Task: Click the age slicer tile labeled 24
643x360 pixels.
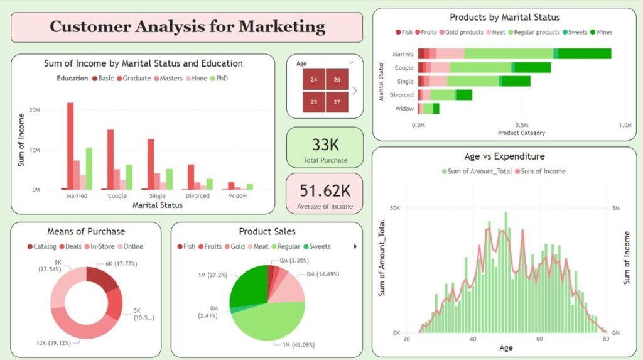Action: (314, 79)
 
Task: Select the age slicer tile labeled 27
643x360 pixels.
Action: (337, 102)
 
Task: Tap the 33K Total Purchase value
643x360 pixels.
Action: (326, 145)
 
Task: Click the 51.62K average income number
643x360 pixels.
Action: (325, 191)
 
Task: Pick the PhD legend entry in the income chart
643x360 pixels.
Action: (219, 79)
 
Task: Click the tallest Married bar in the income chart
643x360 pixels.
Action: (70, 146)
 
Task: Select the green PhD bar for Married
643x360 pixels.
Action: (89, 169)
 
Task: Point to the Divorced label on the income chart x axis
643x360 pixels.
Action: (198, 196)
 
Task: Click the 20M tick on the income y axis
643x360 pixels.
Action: (35, 110)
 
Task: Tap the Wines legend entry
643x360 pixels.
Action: (601, 32)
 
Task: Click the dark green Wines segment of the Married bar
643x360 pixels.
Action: (585, 54)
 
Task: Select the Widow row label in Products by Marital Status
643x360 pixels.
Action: (404, 109)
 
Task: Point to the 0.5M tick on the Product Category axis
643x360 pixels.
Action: (522, 125)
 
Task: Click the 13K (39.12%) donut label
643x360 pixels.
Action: (54, 343)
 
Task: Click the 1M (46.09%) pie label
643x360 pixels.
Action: (298, 345)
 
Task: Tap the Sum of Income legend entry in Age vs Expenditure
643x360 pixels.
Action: (540, 171)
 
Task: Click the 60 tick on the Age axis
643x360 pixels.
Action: (539, 339)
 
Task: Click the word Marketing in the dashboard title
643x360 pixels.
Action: (282, 26)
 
